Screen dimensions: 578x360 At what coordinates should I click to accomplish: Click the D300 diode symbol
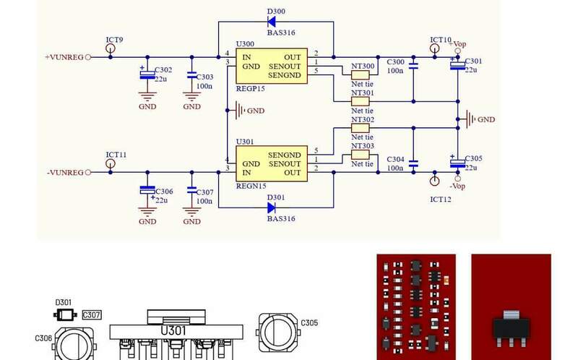pos(272,22)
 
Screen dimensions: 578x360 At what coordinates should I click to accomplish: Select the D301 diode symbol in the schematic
pos(272,208)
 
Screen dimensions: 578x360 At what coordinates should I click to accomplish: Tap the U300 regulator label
pos(245,44)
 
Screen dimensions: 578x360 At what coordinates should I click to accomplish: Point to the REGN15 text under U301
pos(251,186)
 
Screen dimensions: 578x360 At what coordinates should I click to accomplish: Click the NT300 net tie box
pos(360,75)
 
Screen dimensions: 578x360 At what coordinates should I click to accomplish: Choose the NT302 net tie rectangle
pos(360,128)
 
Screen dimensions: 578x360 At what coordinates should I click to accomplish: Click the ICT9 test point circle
pos(111,48)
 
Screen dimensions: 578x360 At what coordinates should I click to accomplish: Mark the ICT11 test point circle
pos(111,163)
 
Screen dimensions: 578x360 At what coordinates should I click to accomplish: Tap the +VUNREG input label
pos(64,57)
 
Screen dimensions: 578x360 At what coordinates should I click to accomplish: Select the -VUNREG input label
pos(65,173)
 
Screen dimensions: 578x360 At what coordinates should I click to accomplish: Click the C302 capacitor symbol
pos(147,75)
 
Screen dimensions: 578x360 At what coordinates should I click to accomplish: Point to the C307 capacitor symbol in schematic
pos(191,190)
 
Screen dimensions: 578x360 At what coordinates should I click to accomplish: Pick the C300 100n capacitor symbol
pos(413,66)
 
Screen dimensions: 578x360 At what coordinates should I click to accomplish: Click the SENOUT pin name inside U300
pos(285,67)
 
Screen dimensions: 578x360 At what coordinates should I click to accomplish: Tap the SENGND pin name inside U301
pos(285,155)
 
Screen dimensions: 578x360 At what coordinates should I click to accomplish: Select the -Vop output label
pos(457,187)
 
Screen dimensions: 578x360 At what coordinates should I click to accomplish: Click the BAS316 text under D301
pos(281,219)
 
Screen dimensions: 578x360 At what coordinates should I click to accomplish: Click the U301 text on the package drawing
pos(173,330)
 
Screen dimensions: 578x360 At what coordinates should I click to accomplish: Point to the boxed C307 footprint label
pos(92,314)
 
